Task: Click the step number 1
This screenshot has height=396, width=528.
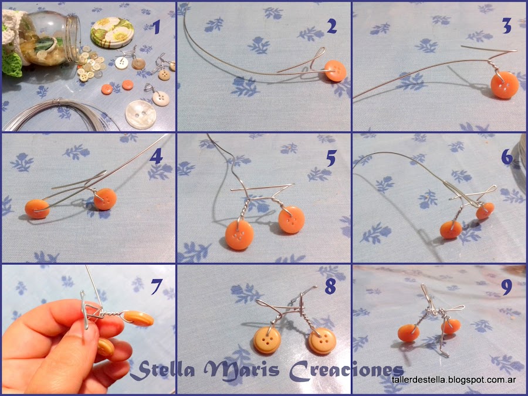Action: pyautogui.click(x=156, y=27)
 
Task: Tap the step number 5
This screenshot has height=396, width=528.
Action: pyautogui.click(x=331, y=158)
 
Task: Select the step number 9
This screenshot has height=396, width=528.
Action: pyautogui.click(x=506, y=287)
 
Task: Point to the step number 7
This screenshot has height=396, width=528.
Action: pyautogui.click(x=157, y=286)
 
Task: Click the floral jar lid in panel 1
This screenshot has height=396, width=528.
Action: pyautogui.click(x=112, y=33)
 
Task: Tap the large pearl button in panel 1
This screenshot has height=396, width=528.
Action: pyautogui.click(x=141, y=114)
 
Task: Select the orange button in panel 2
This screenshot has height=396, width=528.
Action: pyautogui.click(x=336, y=71)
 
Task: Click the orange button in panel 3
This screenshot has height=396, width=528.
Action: pyautogui.click(x=505, y=85)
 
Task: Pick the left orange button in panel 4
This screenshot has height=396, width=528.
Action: pyautogui.click(x=37, y=209)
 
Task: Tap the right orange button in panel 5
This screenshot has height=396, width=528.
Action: pyautogui.click(x=292, y=219)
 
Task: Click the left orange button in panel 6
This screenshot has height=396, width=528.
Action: pyautogui.click(x=451, y=230)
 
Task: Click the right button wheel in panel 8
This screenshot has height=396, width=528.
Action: pyautogui.click(x=322, y=341)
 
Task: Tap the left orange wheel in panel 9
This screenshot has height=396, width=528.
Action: pyautogui.click(x=408, y=333)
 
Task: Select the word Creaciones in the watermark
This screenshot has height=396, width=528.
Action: pyautogui.click(x=347, y=370)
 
